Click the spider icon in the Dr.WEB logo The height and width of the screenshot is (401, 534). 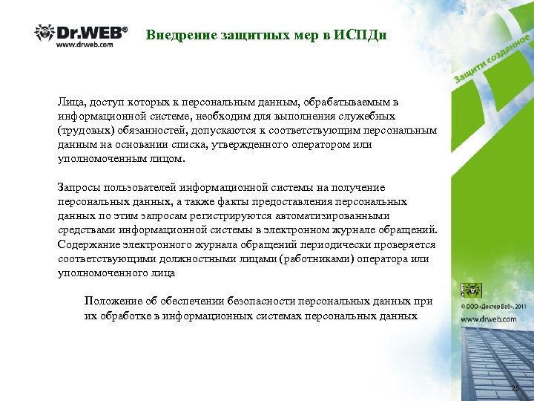pos(44,32)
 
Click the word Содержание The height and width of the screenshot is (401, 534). pos(92,244)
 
